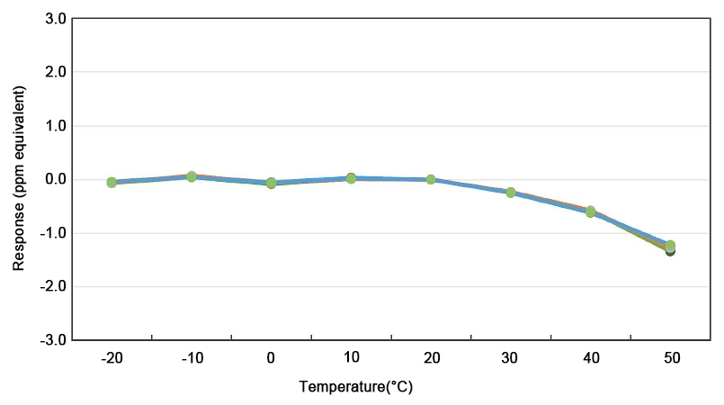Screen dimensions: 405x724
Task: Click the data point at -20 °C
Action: point(112,182)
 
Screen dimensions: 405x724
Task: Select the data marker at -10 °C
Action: point(192,176)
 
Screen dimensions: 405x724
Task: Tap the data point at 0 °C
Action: point(271,183)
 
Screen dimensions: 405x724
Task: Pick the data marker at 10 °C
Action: point(351,178)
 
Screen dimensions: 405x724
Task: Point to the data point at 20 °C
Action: point(431,179)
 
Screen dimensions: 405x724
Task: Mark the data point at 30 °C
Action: point(511,193)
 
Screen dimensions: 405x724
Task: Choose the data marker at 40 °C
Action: point(591,211)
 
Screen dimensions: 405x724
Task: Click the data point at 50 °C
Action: point(670,247)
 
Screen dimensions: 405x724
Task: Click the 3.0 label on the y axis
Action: point(55,18)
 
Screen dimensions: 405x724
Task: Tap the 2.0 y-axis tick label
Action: point(55,72)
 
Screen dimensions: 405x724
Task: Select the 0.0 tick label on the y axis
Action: point(55,179)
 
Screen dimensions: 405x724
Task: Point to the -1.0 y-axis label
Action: point(52,233)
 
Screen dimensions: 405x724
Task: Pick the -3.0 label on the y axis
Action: point(52,340)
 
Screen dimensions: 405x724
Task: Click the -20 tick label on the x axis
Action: point(112,358)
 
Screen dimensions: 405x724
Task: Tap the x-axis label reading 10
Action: point(351,358)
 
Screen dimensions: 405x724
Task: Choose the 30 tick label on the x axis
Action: point(511,358)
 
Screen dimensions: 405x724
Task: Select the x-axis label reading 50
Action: point(670,358)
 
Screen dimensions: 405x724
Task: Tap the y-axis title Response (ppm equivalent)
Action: point(19,178)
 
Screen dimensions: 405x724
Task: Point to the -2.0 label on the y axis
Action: point(52,286)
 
